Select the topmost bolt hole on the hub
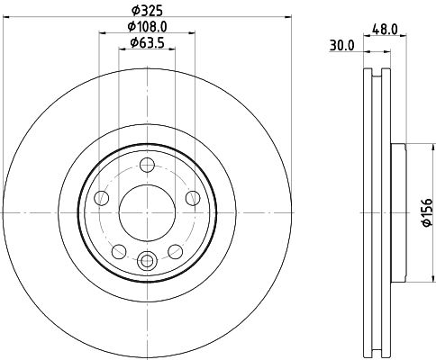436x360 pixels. click(x=148, y=165)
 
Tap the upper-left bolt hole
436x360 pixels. click(x=102, y=198)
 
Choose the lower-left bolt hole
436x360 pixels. click(x=119, y=251)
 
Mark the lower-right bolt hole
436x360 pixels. click(x=177, y=251)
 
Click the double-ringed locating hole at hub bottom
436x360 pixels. click(x=148, y=261)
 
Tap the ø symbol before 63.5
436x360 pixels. click(x=132, y=41)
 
